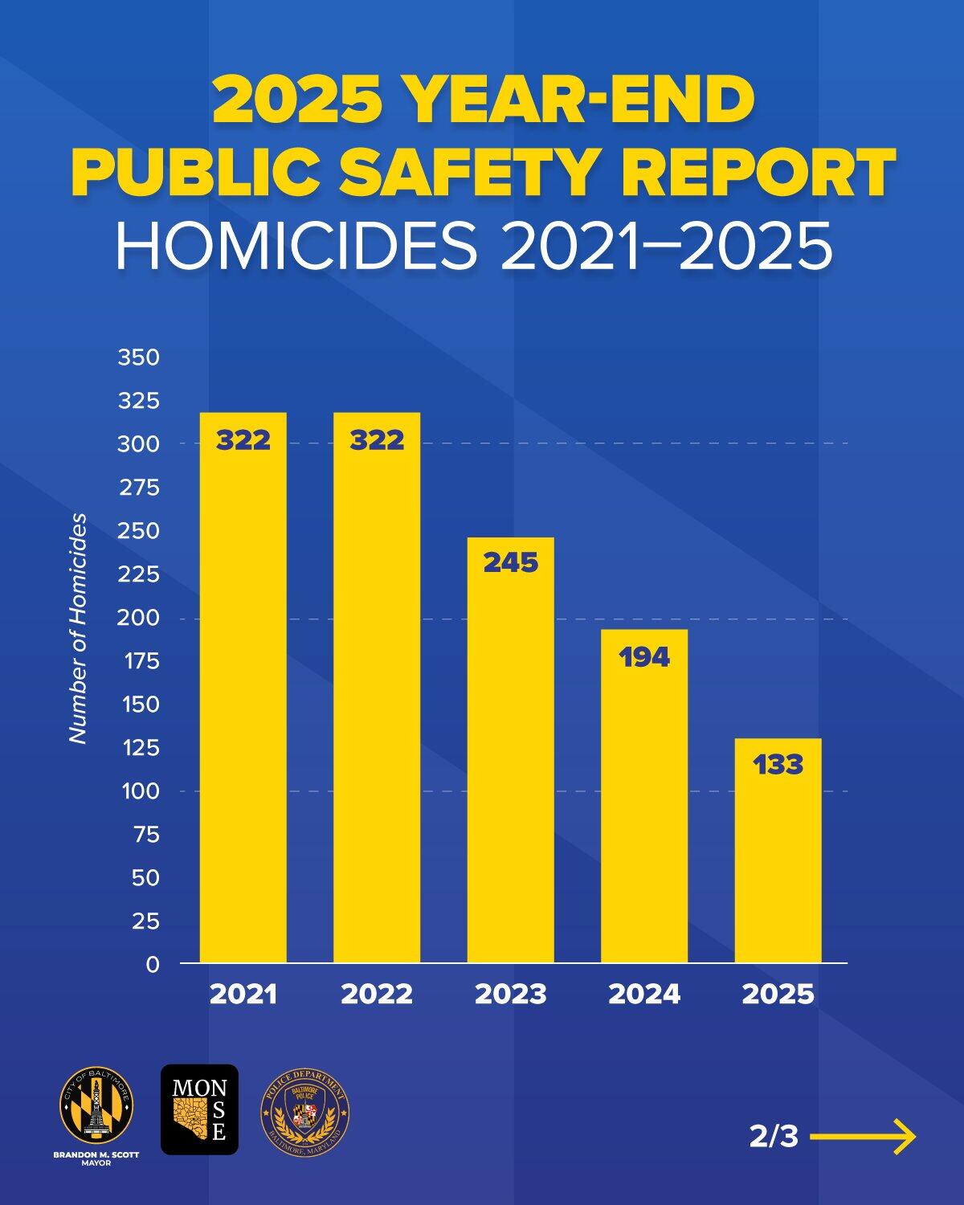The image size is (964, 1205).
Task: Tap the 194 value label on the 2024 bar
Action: (644, 657)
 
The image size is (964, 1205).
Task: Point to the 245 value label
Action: (510, 562)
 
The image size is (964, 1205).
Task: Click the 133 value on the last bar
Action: (778, 765)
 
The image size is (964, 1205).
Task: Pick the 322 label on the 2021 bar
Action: (243, 440)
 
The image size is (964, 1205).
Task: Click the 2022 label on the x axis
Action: (377, 995)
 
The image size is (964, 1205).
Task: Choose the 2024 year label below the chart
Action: (644, 995)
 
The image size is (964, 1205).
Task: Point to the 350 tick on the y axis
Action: (139, 357)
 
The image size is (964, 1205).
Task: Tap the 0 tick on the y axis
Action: (153, 965)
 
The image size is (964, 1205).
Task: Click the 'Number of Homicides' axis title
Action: (77, 628)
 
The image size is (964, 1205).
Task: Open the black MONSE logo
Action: (199, 1109)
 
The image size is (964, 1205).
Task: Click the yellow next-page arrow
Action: (864, 1137)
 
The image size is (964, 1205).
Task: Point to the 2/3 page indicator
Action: (774, 1137)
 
